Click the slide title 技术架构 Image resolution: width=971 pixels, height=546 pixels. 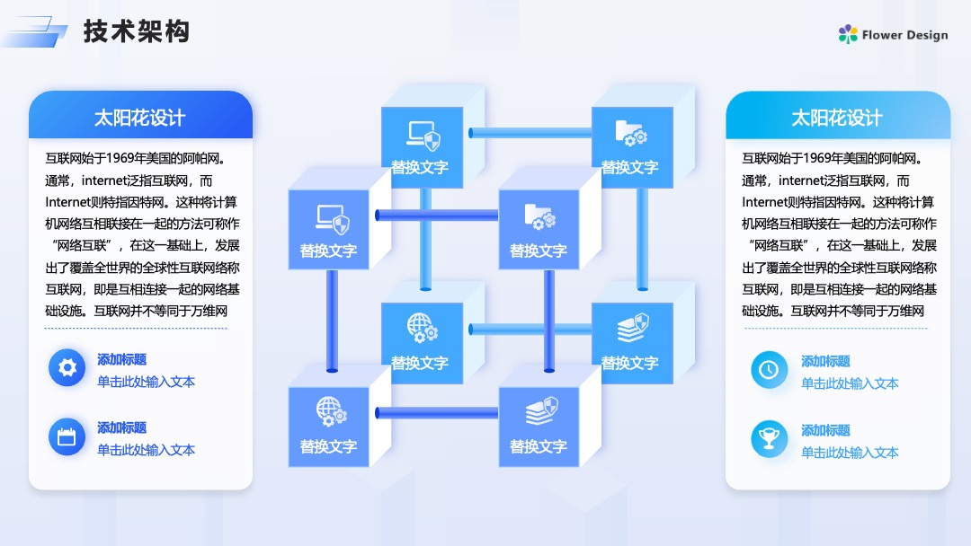point(137,31)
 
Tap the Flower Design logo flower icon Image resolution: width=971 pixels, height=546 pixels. point(848,34)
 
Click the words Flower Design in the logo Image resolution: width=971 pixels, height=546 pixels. point(904,35)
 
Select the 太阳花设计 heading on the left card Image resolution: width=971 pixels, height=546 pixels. point(139,118)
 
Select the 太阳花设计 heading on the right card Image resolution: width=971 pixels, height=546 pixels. point(837,118)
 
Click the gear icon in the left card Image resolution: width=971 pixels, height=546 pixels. point(67,368)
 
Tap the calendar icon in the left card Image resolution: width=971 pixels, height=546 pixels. point(67,437)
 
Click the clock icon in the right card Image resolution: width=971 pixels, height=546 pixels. point(769,370)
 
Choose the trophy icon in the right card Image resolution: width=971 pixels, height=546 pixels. point(769,439)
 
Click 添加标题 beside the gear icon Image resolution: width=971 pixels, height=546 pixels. point(122,359)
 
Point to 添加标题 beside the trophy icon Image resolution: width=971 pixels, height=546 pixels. point(825,430)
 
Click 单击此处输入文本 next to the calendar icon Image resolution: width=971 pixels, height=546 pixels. point(147,450)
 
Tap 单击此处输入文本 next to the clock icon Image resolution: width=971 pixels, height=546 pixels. point(850,383)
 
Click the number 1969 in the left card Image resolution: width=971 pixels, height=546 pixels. point(120,158)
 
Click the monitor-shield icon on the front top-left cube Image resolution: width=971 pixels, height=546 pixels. point(333,219)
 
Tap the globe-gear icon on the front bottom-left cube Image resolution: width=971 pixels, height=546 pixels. point(331,412)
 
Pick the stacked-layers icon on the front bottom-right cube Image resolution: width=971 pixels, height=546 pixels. point(542,411)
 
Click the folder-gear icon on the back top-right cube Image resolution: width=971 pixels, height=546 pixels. point(631,133)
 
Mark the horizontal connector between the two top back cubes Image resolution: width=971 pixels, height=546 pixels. point(530,132)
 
